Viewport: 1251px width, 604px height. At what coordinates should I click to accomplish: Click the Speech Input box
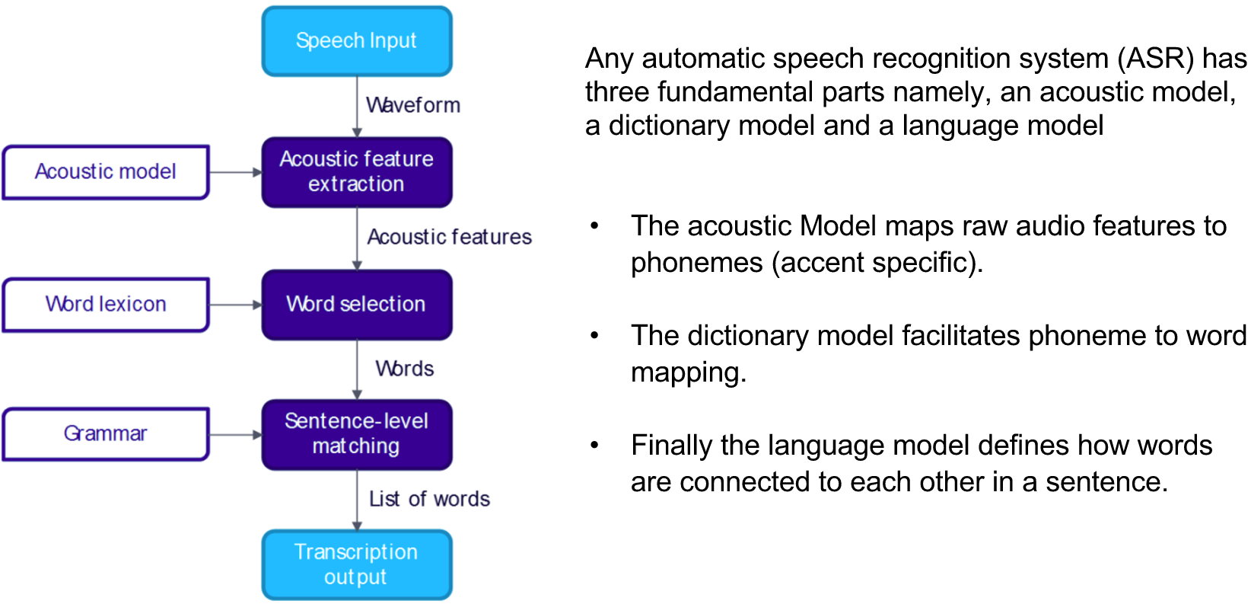point(356,41)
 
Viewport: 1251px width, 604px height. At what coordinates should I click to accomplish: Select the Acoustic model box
point(105,172)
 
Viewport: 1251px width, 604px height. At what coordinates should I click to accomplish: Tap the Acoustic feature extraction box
point(356,172)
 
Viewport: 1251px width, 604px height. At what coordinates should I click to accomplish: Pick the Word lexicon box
point(105,304)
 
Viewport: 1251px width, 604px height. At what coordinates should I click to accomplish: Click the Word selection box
point(356,304)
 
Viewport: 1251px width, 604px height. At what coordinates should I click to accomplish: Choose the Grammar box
point(105,433)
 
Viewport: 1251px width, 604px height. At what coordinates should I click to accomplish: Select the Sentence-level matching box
point(356,433)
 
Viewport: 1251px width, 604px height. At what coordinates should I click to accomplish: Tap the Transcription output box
point(356,564)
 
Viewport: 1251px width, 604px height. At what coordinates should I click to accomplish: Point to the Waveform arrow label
point(413,105)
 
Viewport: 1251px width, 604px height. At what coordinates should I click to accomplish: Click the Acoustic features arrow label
point(449,237)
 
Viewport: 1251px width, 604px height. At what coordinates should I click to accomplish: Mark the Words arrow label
point(404,369)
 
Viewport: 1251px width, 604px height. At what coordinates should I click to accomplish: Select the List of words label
point(429,499)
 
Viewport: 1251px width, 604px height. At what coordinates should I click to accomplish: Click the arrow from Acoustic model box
point(235,173)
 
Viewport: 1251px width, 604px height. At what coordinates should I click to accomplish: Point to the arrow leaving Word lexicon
point(235,305)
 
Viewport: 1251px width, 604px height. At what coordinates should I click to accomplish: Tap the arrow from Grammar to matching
point(235,435)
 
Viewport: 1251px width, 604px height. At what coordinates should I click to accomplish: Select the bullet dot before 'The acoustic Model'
point(595,226)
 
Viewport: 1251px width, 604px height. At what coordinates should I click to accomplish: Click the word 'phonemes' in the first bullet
point(696,263)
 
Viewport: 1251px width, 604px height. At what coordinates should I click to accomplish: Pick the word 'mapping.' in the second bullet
point(688,372)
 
